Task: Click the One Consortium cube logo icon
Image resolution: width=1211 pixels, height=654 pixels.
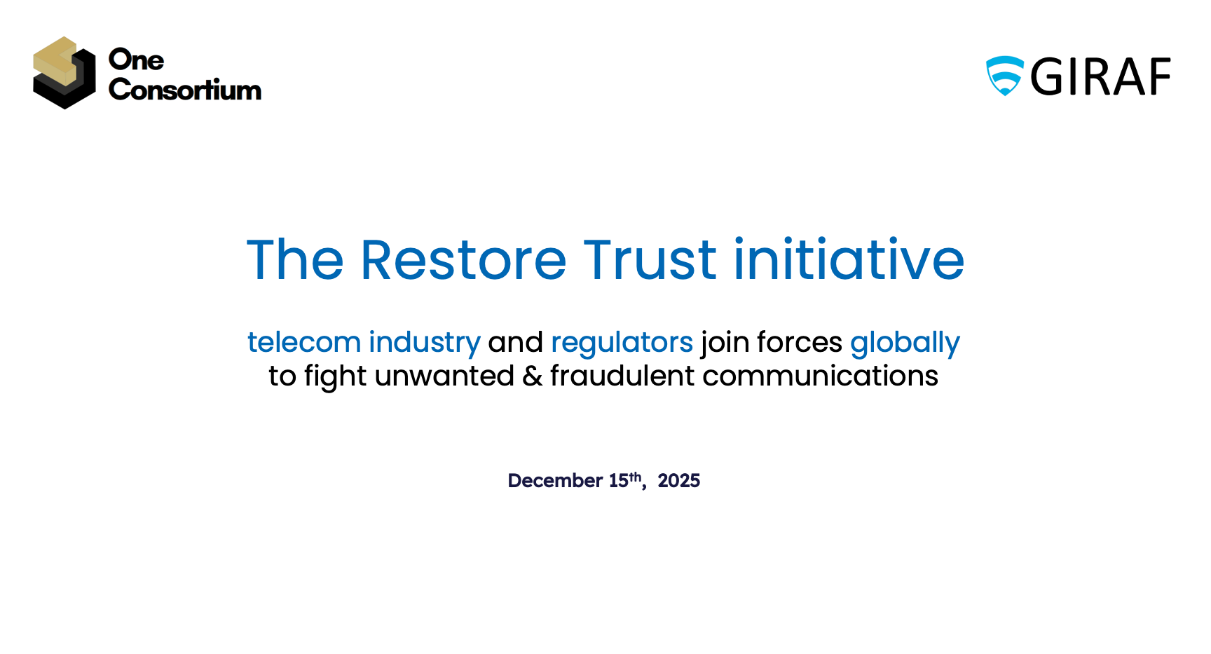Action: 64,73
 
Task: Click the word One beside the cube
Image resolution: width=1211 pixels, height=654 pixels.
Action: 137,60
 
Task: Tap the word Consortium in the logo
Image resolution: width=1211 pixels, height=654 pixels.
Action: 185,90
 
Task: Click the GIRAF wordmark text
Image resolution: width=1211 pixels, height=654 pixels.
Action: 1100,77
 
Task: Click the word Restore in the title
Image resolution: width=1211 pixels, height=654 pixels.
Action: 463,260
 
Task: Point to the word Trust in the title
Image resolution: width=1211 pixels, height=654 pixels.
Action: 650,260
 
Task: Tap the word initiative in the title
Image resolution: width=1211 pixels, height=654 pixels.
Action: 849,259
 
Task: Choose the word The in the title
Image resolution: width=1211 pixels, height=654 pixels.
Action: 295,260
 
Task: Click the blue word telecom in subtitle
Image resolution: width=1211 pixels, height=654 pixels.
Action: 304,342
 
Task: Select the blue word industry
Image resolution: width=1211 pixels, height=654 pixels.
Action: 425,343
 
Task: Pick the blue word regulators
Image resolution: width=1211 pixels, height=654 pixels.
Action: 622,343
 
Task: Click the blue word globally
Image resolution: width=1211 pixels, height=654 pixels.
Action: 905,343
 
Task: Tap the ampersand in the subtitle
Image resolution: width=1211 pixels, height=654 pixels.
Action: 533,376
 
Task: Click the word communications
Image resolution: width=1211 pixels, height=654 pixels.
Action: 820,376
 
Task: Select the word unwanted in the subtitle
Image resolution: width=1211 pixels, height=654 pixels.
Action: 445,376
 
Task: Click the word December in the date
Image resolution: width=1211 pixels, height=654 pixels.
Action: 556,481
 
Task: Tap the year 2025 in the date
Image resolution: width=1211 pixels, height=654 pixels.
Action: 679,481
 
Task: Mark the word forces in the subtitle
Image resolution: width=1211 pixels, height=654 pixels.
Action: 800,342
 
